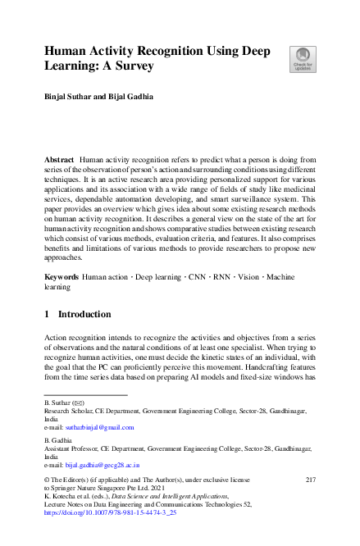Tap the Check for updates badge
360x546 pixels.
click(x=302, y=59)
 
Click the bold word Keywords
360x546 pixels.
click(x=62, y=279)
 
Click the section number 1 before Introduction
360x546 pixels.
click(x=47, y=315)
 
